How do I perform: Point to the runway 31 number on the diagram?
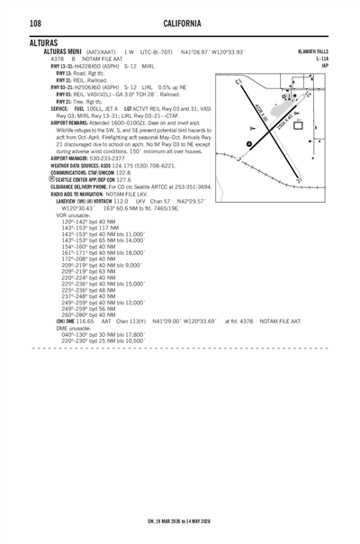coord(321,181)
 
